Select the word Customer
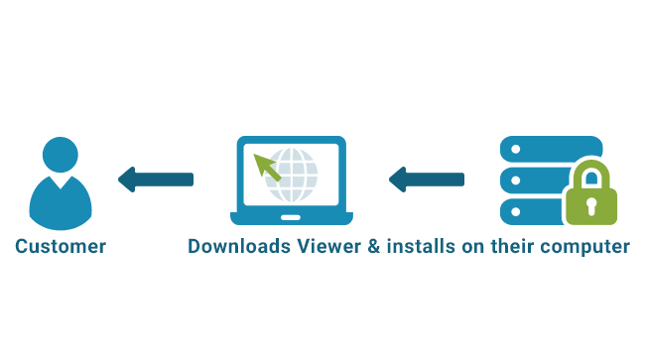coord(61,246)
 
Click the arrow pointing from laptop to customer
coord(155,180)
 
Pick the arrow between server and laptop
coord(426,180)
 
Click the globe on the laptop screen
coord(295,174)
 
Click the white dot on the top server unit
coord(514,149)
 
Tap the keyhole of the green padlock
coord(590,207)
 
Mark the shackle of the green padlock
coord(590,175)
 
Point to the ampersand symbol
coord(374,246)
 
